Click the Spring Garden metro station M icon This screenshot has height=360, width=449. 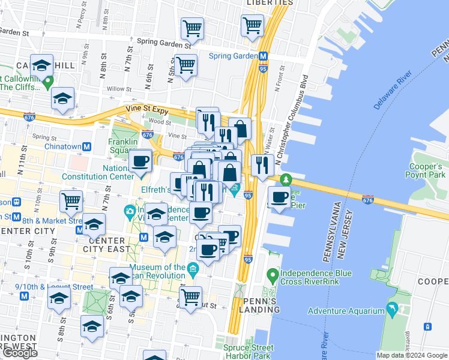263,56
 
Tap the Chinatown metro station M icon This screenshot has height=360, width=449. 87,146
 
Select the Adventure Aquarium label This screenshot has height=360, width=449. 346,311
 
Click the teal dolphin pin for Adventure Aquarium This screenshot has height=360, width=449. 392,310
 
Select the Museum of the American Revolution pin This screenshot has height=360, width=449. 192,268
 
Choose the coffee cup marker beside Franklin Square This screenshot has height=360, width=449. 140,161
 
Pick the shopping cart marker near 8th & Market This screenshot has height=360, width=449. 71,201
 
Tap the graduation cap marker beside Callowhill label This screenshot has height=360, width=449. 42,65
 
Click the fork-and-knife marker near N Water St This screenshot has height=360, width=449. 262,165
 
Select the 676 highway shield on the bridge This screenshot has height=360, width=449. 368,199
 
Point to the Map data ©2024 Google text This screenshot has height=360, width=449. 412,355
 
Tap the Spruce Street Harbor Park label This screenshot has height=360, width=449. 248,352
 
